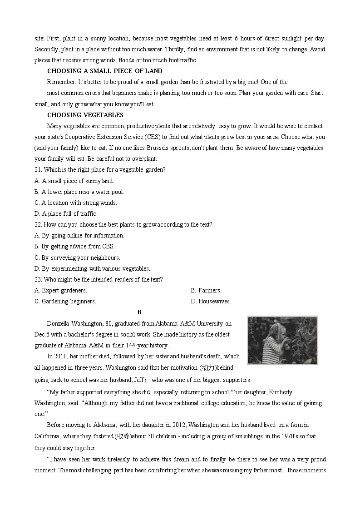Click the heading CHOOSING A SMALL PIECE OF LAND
(104, 71)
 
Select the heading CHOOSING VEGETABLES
(85, 115)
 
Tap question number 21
(38, 170)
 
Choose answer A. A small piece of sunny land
(74, 181)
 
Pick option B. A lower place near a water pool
(79, 192)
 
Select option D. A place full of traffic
(66, 213)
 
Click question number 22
(38, 224)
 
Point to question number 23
(38, 279)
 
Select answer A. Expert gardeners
(61, 290)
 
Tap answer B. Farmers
(206, 290)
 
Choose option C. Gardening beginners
(65, 301)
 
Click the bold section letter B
(139, 312)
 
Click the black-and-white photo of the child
(282, 340)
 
